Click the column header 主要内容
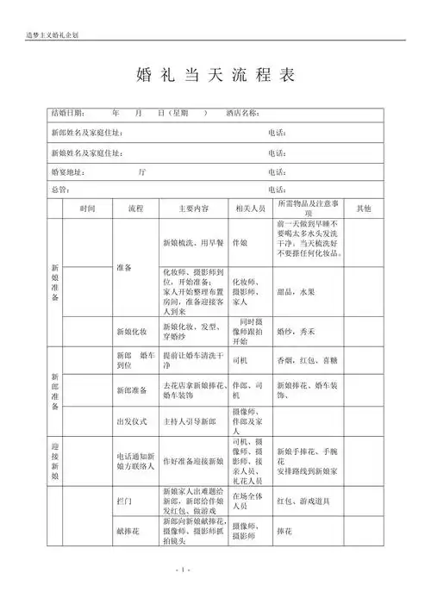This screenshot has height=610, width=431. [194, 209]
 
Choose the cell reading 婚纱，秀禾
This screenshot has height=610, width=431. [295, 331]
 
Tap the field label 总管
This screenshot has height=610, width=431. [59, 190]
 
